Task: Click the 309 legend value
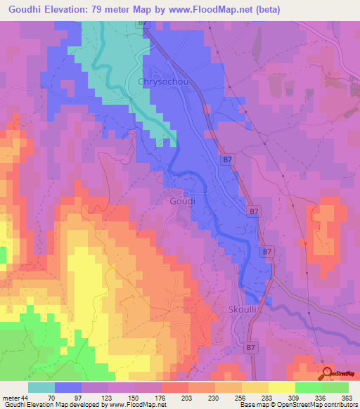pyautogui.click(x=295, y=398)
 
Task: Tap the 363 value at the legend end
pyautogui.click(x=347, y=398)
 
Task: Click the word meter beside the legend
pyautogui.click(x=11, y=398)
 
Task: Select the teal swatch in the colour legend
pyautogui.click(x=41, y=387)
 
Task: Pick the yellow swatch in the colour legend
pyautogui.click(x=281, y=387)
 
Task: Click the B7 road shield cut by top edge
pyautogui.click(x=143, y=22)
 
